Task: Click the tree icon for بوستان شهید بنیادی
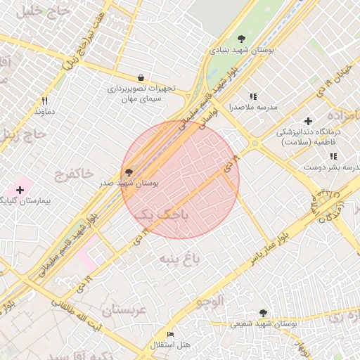[x=242, y=39]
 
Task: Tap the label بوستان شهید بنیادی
[x=242, y=51]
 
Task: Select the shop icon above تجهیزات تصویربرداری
[x=141, y=78]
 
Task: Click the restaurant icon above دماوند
[x=44, y=101]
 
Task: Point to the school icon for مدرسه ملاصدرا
[x=253, y=96]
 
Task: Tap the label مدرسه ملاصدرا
[x=253, y=108]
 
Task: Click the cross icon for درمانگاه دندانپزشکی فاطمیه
[x=308, y=121]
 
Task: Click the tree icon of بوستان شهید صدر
[x=128, y=172]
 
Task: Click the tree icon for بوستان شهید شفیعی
[x=263, y=313]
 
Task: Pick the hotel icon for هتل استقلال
[x=169, y=334]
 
